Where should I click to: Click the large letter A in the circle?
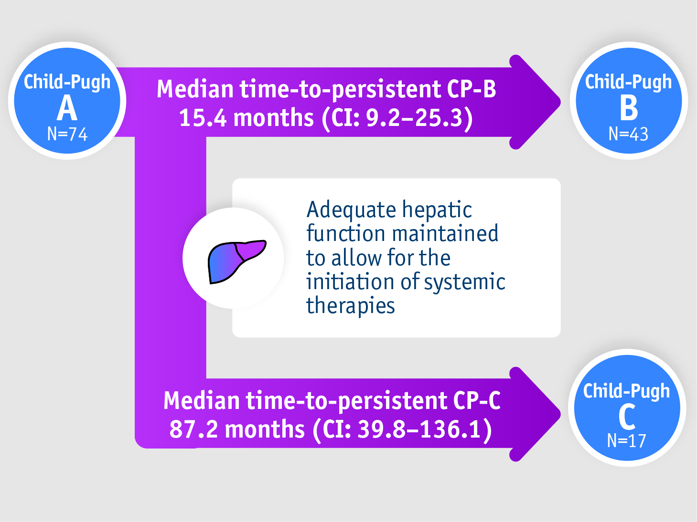pos(67,109)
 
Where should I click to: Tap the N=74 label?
pos(67,134)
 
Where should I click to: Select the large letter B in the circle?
pos(629,108)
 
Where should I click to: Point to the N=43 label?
pos(628,134)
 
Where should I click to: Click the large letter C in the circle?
pos(627,417)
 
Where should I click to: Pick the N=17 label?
pos(626,441)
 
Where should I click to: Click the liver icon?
pos(236,261)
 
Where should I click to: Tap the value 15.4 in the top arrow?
pos(203,118)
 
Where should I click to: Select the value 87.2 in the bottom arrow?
pos(193,429)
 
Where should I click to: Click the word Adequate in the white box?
pos(351,210)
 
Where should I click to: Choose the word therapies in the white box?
pos(351,305)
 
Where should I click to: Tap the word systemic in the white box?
pos(464,282)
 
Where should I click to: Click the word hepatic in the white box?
pos(437,210)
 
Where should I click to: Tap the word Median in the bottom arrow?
pos(201,400)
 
